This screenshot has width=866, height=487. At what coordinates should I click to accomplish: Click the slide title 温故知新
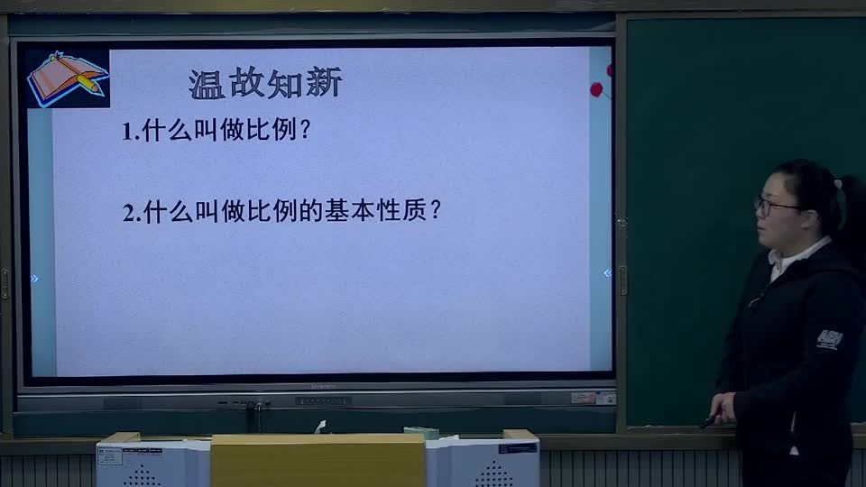[265, 84]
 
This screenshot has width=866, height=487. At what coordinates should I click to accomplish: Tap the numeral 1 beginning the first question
[127, 132]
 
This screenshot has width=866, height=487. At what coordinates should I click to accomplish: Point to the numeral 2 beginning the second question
[128, 213]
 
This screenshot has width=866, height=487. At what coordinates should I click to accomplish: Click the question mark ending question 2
[436, 211]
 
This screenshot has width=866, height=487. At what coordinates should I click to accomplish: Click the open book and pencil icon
[66, 78]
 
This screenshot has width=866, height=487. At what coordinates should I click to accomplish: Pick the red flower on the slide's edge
[596, 88]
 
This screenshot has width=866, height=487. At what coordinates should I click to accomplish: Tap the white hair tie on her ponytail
[838, 183]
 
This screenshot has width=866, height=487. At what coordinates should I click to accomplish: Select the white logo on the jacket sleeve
[828, 339]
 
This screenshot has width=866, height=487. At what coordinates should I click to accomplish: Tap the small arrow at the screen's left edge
[34, 279]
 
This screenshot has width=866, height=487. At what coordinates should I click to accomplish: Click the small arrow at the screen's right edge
[607, 273]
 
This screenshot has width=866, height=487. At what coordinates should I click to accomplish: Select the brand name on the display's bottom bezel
[323, 387]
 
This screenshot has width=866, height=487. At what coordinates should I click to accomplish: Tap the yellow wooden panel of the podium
[318, 461]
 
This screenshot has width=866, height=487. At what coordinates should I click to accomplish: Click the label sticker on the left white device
[110, 456]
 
